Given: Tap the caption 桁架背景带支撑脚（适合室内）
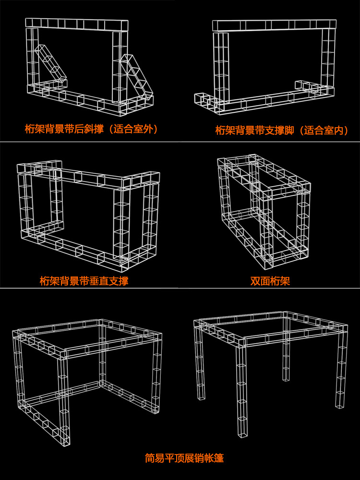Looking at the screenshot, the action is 282,131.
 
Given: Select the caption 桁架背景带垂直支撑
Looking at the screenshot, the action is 84,280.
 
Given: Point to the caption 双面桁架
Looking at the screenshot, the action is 270,281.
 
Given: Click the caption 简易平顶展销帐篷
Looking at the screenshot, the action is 184,458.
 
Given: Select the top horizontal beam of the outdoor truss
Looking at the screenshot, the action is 76,24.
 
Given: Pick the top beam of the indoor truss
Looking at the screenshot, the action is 275,25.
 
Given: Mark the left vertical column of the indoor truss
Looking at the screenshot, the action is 221,68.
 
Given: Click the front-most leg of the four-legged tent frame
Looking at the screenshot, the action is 242,388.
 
